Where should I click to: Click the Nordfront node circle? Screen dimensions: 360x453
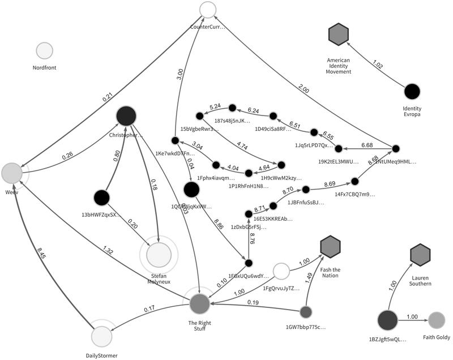click(x=45, y=52)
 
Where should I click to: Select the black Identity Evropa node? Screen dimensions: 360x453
click(x=412, y=91)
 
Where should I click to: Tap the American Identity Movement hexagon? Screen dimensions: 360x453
click(x=339, y=35)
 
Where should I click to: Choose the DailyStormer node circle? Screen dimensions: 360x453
click(x=103, y=336)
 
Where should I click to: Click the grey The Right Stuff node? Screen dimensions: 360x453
click(x=199, y=304)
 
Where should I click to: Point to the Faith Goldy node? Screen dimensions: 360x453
click(x=437, y=320)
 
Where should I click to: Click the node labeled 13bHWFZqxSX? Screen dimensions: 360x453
click(x=101, y=198)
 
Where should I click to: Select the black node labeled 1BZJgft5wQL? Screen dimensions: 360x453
click(x=387, y=320)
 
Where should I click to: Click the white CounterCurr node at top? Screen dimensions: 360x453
click(x=208, y=10)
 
